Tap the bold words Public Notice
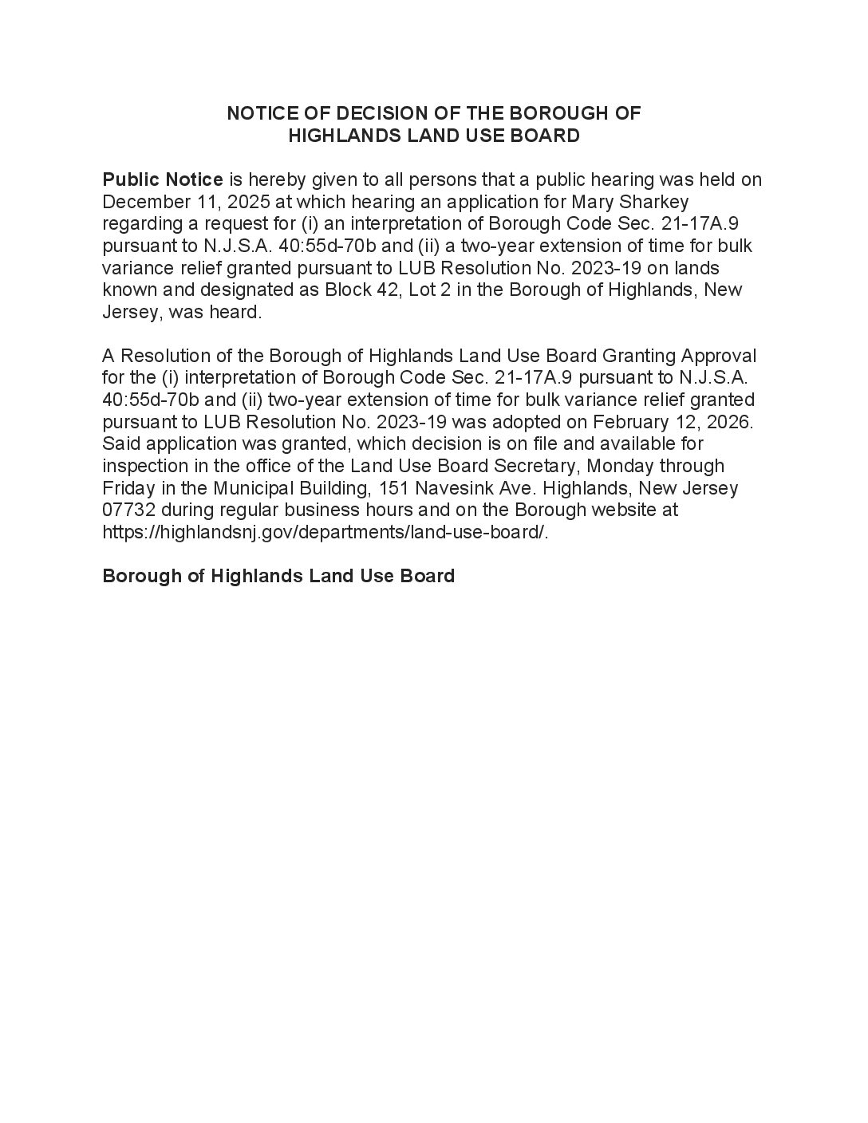163,179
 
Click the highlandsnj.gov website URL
325,532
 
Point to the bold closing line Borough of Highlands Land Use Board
278,576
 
